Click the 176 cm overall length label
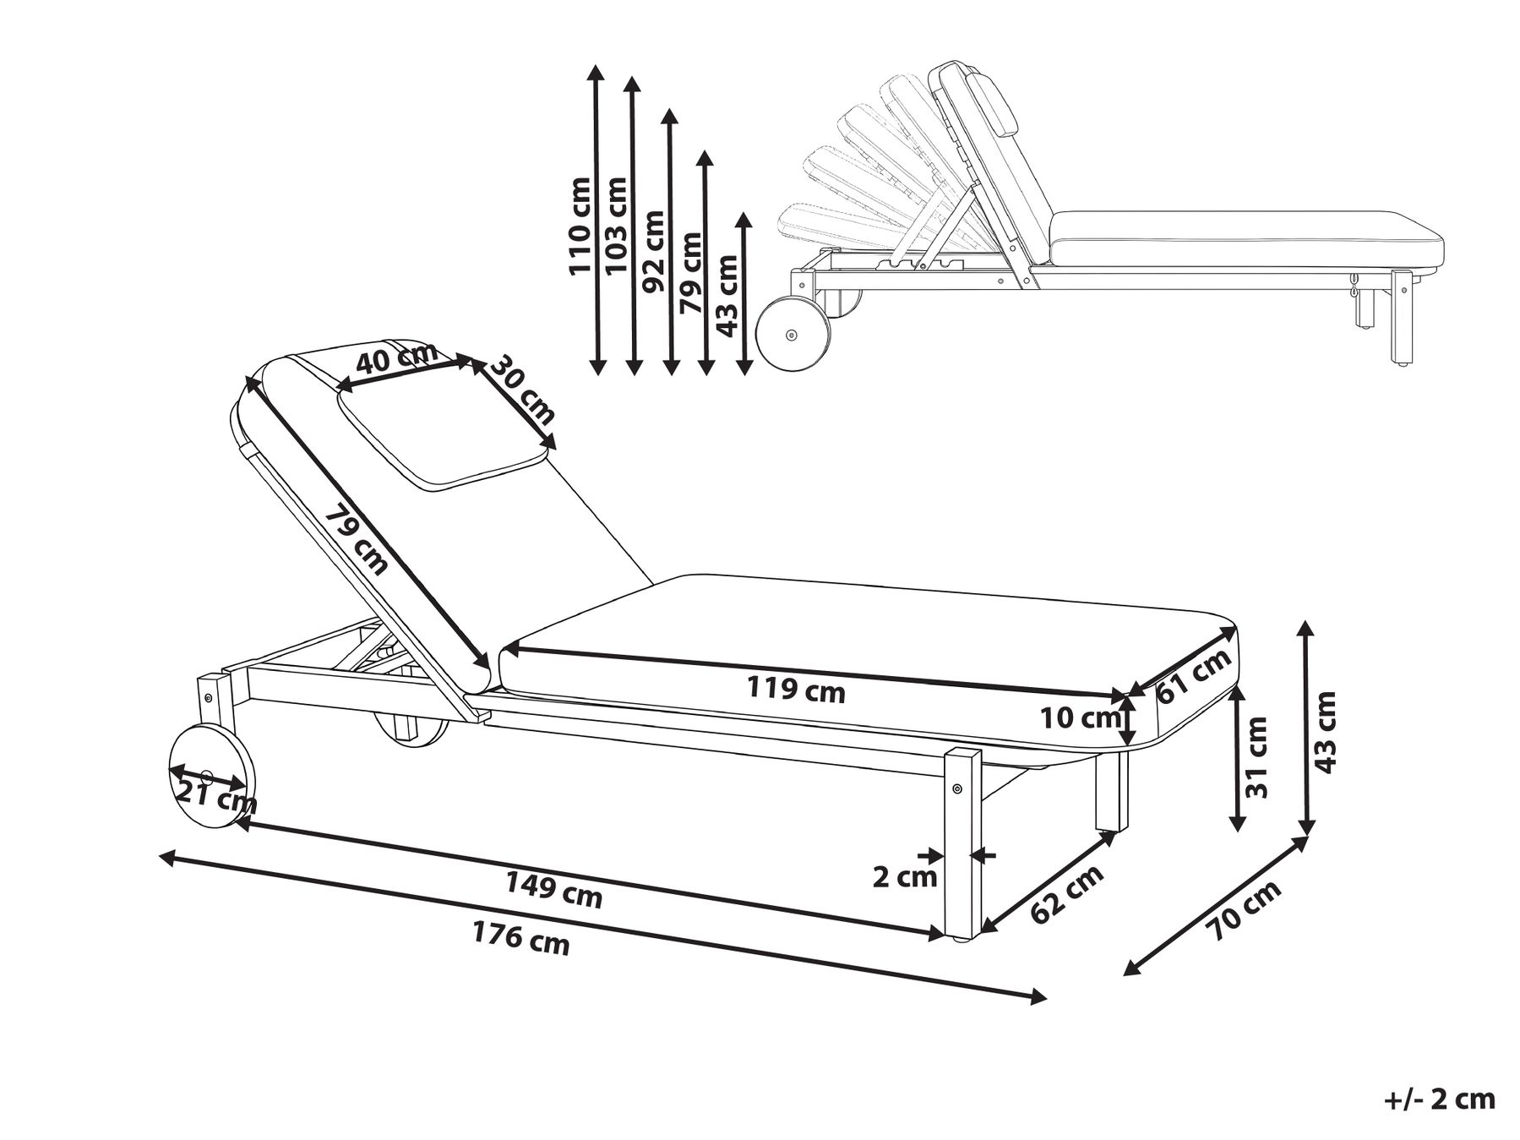520,938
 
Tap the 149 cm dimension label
554,891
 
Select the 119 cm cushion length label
796,690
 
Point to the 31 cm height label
1257,757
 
